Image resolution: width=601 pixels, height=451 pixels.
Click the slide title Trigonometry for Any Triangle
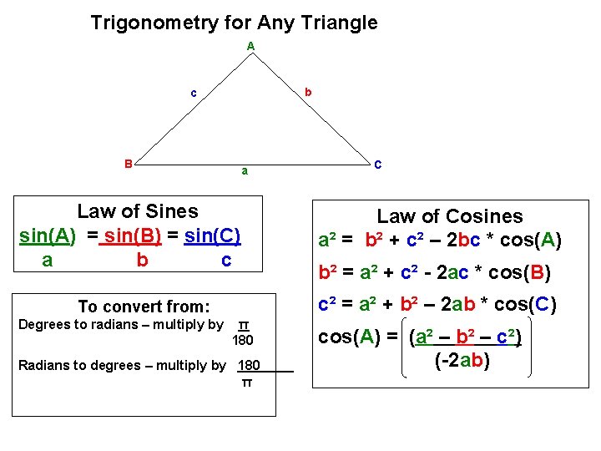click(x=234, y=23)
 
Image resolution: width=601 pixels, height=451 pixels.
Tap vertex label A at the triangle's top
click(x=250, y=46)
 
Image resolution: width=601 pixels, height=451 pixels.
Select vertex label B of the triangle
click(x=128, y=164)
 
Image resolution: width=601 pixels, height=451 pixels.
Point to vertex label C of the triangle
click(x=378, y=165)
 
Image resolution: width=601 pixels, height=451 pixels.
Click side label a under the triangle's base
click(x=244, y=172)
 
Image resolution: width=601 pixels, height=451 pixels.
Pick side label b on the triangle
click(x=308, y=92)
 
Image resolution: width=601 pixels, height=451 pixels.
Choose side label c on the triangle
click(x=194, y=93)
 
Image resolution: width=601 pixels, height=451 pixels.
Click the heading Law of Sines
click(x=138, y=211)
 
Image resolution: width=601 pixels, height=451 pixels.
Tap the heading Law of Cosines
click(x=450, y=216)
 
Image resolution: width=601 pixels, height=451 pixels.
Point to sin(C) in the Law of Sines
click(x=213, y=236)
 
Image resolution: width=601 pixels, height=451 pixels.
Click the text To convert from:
click(x=144, y=307)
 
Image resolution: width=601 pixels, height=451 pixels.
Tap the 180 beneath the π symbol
click(x=243, y=340)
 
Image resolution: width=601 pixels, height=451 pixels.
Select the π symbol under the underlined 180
click(x=246, y=383)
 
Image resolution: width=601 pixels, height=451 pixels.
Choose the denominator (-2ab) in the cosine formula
click(x=462, y=361)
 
